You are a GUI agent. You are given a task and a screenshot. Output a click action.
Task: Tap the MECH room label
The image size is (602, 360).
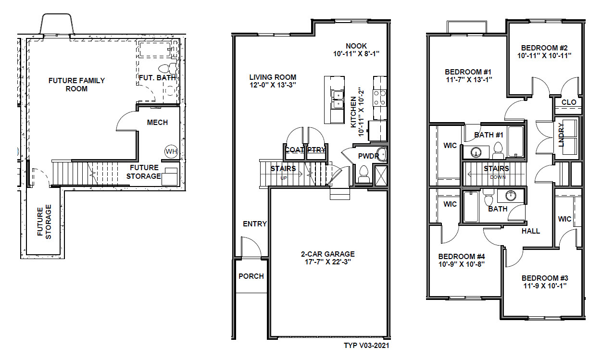point(157,123)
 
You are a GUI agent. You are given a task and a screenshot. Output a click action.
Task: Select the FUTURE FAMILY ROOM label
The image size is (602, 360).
point(76,85)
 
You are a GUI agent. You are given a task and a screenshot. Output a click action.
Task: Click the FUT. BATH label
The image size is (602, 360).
point(157,77)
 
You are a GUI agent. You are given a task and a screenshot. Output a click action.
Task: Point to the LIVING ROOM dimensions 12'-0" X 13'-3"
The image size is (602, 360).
point(273,85)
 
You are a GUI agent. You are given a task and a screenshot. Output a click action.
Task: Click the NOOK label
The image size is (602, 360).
point(356,46)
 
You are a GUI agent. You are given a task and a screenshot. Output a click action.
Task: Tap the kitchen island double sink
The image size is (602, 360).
point(338,99)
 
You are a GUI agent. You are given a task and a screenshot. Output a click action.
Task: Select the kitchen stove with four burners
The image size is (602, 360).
point(380,99)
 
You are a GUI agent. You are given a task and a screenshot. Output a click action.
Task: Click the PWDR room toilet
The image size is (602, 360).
point(364,171)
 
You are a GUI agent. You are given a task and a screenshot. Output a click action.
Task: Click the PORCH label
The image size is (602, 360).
point(251,276)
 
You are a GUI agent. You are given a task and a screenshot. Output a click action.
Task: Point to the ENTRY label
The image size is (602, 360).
point(255,224)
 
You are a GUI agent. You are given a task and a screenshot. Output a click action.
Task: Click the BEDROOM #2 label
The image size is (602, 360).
point(545,48)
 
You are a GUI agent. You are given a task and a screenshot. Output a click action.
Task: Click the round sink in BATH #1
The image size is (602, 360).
point(476,153)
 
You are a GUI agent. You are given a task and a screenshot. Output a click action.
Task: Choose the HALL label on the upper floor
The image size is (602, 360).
point(530,231)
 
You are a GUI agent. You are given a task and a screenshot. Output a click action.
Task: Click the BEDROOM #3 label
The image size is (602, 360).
point(545,278)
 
